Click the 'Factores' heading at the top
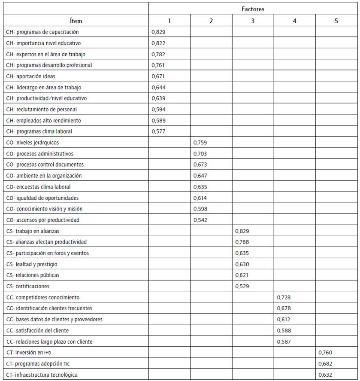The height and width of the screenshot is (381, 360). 252,8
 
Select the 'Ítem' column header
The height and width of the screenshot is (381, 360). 76,21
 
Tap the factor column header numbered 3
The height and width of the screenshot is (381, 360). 253,21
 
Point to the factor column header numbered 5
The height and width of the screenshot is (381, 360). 336,21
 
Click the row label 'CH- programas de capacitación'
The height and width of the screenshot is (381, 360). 42,32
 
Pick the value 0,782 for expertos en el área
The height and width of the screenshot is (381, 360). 158,54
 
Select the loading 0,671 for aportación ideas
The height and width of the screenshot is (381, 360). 158,76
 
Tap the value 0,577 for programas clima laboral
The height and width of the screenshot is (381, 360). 158,131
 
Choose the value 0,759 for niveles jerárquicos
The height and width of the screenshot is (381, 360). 200,143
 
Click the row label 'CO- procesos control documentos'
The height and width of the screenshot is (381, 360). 45,165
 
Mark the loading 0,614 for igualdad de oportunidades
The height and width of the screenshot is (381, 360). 200,198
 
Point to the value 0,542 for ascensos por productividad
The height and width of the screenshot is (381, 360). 200,220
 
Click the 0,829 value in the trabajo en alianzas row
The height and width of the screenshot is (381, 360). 242,231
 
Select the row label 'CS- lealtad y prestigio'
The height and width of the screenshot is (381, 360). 32,264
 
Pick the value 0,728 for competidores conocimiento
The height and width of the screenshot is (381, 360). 284,297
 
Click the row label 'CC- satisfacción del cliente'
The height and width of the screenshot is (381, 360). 37,331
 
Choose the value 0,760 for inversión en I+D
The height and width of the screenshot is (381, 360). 325,353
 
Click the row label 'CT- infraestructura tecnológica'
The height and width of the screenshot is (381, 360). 42,375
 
